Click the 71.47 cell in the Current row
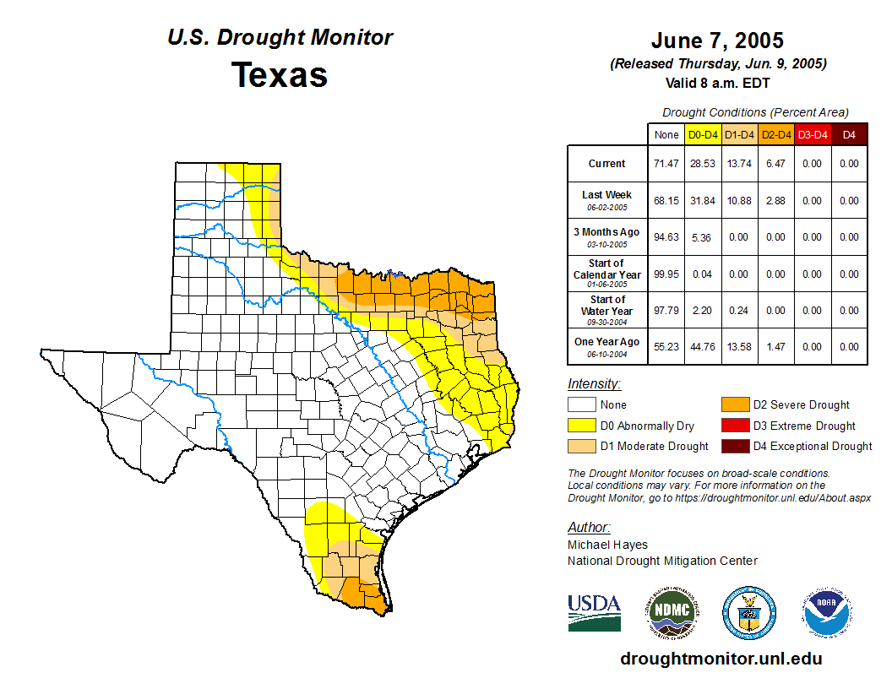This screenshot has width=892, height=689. click(666, 164)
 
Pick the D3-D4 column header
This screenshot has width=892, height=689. click(812, 134)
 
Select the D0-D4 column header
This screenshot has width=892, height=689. click(702, 134)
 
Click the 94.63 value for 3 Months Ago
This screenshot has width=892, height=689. click(666, 237)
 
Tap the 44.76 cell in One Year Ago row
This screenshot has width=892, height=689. click(702, 346)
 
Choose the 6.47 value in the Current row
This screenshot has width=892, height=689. click(775, 164)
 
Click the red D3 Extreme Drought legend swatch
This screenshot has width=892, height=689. click(733, 426)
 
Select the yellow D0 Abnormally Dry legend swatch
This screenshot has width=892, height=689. click(581, 426)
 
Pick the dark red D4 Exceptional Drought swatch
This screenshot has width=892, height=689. click(733, 446)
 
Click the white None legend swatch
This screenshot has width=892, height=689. click(581, 405)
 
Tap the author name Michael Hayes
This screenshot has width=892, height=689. click(607, 545)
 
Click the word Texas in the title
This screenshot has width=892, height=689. click(280, 75)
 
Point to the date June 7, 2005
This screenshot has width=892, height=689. click(717, 41)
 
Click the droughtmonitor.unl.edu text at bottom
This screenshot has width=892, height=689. click(721, 659)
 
